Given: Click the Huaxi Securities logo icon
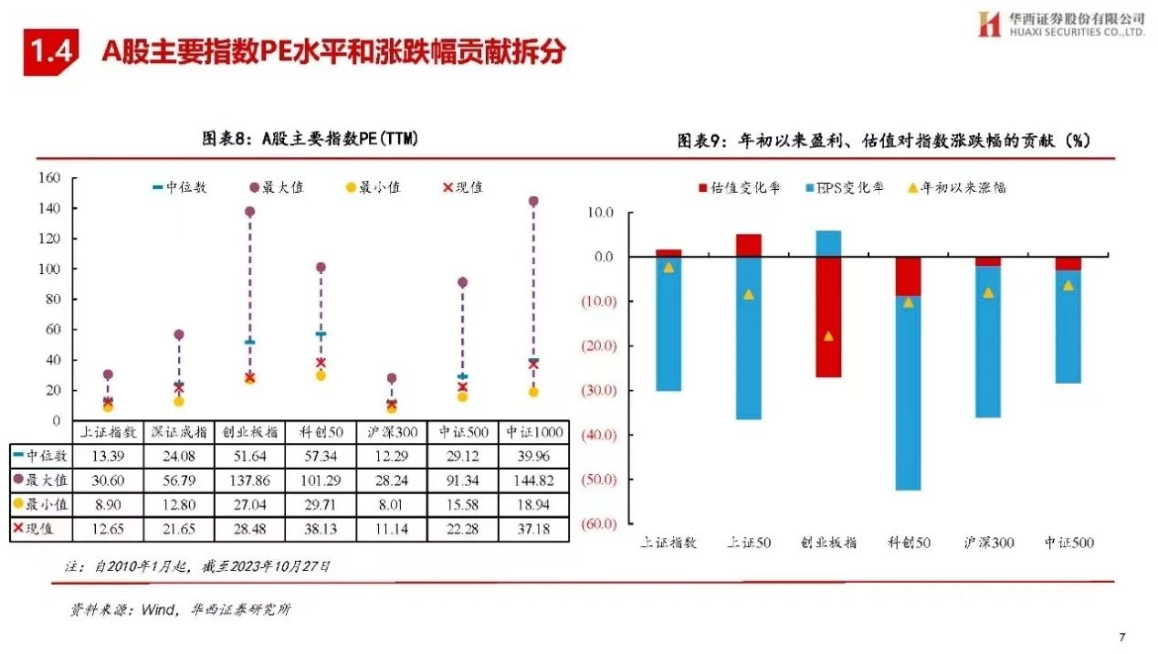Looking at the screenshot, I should pyautogui.click(x=989, y=25).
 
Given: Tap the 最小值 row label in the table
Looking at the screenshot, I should pyautogui.click(x=43, y=504).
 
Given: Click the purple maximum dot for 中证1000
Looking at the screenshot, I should pyautogui.click(x=533, y=201).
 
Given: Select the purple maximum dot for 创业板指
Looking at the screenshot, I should pyautogui.click(x=249, y=212).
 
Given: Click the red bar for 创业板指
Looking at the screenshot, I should pyautogui.click(x=828, y=317).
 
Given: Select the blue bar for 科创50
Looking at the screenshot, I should pyautogui.click(x=908, y=393).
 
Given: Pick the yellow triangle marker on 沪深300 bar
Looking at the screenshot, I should pyautogui.click(x=987, y=293).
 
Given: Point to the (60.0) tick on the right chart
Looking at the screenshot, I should pyautogui.click(x=599, y=523).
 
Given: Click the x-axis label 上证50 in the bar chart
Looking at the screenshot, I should pyautogui.click(x=749, y=543).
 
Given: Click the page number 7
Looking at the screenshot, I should pyautogui.click(x=1122, y=637).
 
